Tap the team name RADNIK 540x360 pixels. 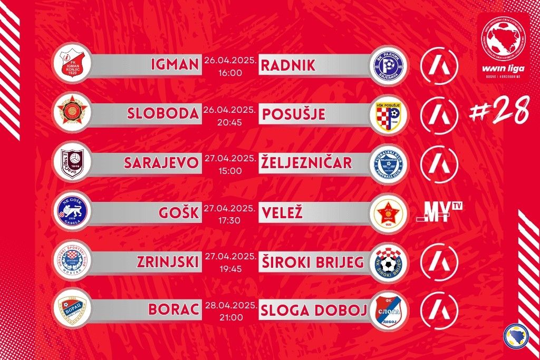[x=288, y=65]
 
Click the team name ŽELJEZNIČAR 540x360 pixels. [x=306, y=163]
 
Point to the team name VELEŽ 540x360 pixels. [x=281, y=212]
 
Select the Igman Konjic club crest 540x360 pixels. [x=73, y=65]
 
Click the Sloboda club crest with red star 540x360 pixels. [x=73, y=114]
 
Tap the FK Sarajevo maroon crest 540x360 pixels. [x=73, y=163]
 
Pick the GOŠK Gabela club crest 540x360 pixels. [x=73, y=212]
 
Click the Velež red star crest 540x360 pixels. [x=390, y=212]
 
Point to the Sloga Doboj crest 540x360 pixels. [x=390, y=310]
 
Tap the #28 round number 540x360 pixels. [x=501, y=112]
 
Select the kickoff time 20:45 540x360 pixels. [x=230, y=122]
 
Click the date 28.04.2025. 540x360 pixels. [x=230, y=305]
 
